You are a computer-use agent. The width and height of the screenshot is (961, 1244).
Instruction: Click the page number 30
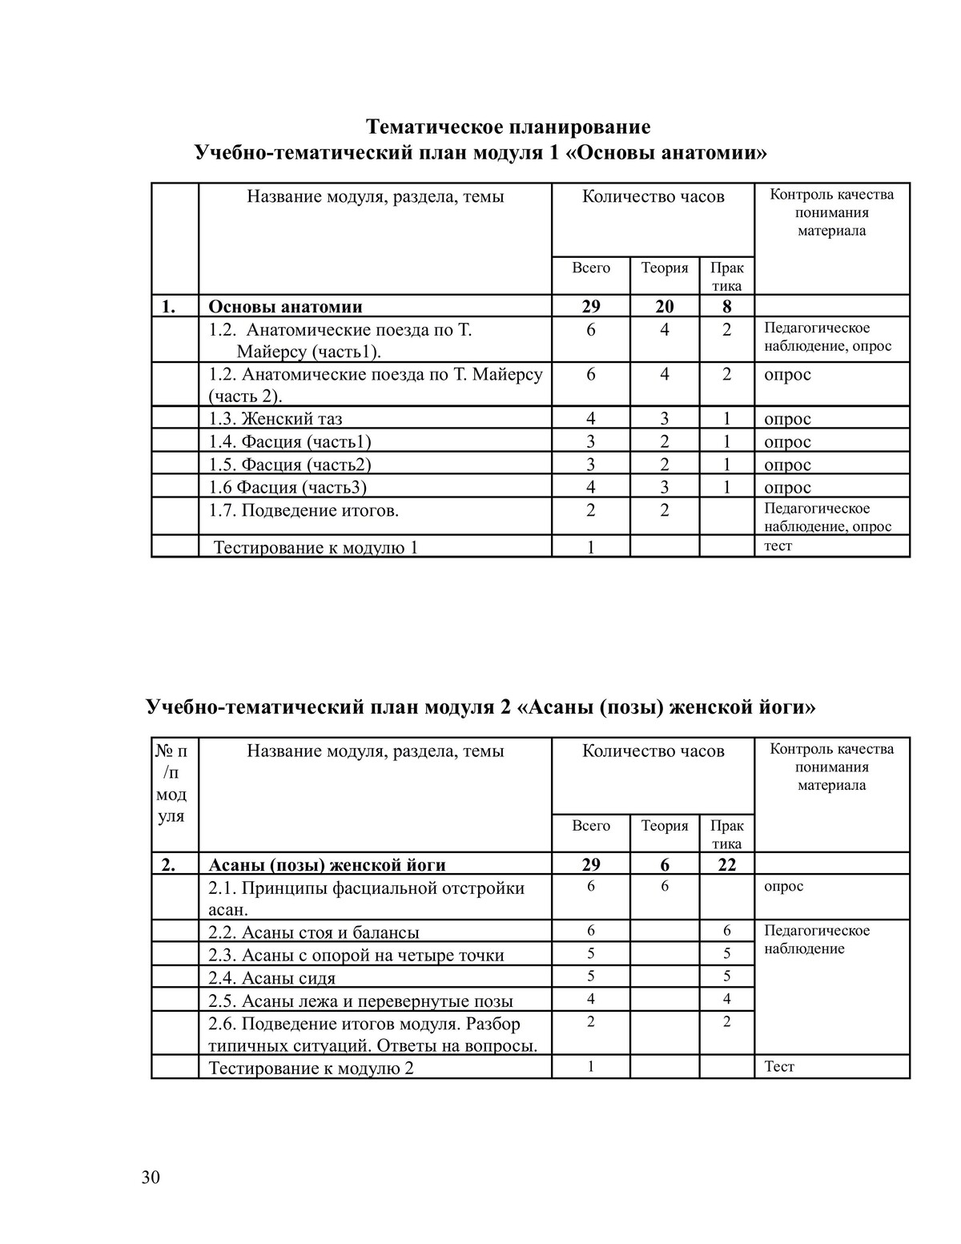click(151, 1177)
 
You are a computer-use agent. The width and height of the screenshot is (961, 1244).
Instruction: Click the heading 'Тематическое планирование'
click(508, 127)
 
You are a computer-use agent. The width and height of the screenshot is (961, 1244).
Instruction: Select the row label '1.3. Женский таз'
click(275, 419)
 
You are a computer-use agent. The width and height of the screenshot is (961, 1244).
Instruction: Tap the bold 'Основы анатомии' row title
click(285, 307)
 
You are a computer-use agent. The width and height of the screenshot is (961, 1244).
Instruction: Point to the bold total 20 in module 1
click(665, 307)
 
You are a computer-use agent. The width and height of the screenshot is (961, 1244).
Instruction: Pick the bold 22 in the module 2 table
click(726, 865)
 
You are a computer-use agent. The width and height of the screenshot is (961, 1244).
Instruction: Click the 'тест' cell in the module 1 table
click(778, 546)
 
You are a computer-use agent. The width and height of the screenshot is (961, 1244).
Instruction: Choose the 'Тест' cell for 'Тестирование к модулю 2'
click(779, 1067)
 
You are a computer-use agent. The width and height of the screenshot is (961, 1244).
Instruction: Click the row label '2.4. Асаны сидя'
click(271, 978)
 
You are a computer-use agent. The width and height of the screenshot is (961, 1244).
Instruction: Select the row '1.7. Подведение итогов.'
click(304, 510)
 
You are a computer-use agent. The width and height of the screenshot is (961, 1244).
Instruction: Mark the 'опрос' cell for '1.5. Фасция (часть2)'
click(787, 465)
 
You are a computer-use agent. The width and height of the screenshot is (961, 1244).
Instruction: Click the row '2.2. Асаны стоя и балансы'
click(313, 932)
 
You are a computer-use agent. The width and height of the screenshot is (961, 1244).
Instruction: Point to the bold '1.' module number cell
click(168, 307)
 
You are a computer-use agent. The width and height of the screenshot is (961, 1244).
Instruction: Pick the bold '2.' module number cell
click(168, 865)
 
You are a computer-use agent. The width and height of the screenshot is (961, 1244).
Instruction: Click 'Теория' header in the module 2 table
click(665, 826)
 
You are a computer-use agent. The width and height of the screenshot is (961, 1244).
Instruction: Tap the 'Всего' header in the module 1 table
click(591, 268)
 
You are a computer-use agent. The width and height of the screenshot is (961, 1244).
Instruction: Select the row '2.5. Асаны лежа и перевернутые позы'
click(360, 1001)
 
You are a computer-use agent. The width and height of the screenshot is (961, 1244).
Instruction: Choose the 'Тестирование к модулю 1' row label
click(316, 548)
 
